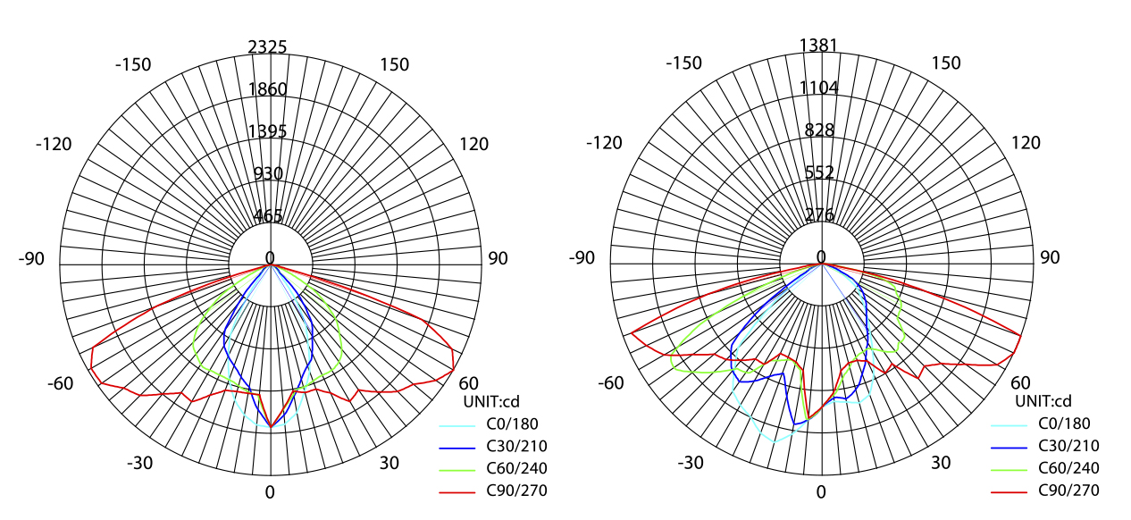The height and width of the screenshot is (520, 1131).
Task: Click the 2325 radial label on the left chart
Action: pyautogui.click(x=268, y=46)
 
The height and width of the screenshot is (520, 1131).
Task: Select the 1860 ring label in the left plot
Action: pyautogui.click(x=268, y=88)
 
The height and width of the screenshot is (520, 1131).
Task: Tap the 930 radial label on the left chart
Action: pyautogui.click(x=268, y=173)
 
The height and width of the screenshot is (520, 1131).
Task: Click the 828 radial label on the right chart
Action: pyautogui.click(x=819, y=130)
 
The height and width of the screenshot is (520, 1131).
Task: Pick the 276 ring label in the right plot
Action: pyautogui.click(x=819, y=214)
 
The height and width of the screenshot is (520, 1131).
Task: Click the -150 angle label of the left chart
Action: pyautogui.click(x=133, y=64)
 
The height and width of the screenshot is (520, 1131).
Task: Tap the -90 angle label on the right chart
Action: pyautogui.click(x=582, y=258)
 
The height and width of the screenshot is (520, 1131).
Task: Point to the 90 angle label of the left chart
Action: pyautogui.click(x=498, y=258)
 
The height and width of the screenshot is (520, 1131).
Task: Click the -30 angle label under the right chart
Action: pyautogui.click(x=690, y=463)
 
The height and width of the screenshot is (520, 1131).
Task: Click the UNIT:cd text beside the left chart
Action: pyautogui.click(x=490, y=401)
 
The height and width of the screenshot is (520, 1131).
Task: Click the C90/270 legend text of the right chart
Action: pyautogui.click(x=1068, y=490)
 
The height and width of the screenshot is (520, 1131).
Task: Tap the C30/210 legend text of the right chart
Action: pyautogui.click(x=1068, y=446)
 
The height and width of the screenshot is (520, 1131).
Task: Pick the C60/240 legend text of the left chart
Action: pyautogui.click(x=516, y=467)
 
